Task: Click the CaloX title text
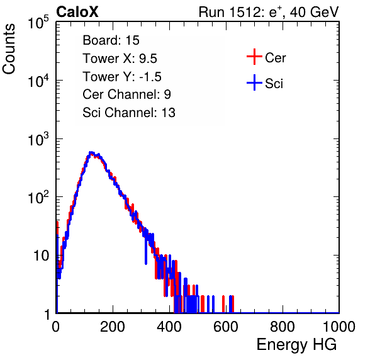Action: pyautogui.click(x=77, y=12)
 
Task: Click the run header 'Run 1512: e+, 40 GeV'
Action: pyautogui.click(x=269, y=12)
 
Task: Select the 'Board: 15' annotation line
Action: pyautogui.click(x=111, y=40)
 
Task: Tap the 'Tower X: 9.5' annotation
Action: pyautogui.click(x=120, y=59)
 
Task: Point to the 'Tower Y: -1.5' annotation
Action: pyautogui.click(x=122, y=77)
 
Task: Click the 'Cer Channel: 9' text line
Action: pyautogui.click(x=126, y=94)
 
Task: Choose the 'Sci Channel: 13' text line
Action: pyautogui.click(x=129, y=113)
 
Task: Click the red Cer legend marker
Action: pyautogui.click(x=254, y=57)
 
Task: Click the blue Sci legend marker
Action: pyautogui.click(x=254, y=82)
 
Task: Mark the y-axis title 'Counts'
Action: pyautogui.click(x=9, y=49)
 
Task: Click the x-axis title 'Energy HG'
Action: pyautogui.click(x=296, y=345)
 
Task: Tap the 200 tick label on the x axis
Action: pyautogui.click(x=113, y=327)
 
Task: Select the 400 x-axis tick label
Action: pyautogui.click(x=169, y=327)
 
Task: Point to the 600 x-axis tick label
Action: pyautogui.click(x=226, y=327)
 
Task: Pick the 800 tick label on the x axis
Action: pyautogui.click(x=283, y=327)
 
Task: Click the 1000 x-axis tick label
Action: pyautogui.click(x=339, y=327)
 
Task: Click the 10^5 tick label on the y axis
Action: pyautogui.click(x=38, y=23)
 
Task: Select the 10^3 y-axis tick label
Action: pyautogui.click(x=38, y=139)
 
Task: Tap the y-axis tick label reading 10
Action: pyautogui.click(x=41, y=256)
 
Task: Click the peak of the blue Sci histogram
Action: pyautogui.click(x=91, y=152)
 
